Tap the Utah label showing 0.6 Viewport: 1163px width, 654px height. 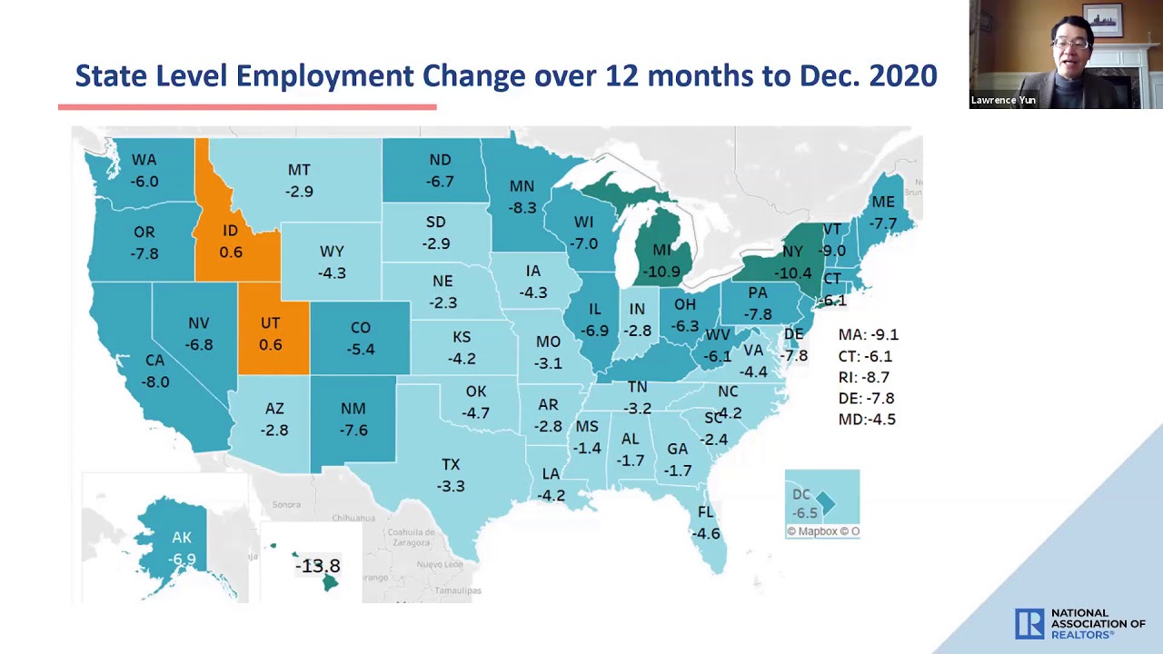[270, 334]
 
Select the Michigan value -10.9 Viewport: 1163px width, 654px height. [661, 272]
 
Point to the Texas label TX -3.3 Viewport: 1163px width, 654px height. [451, 475]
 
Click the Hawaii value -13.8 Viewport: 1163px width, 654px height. [317, 566]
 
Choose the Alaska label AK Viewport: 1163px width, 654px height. [182, 538]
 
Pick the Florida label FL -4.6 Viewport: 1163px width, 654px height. [706, 523]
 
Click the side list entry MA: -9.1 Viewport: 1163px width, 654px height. [868, 335]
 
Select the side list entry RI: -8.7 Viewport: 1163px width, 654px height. [863, 377]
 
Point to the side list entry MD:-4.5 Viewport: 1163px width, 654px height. [867, 420]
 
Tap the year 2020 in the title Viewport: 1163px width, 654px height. [903, 76]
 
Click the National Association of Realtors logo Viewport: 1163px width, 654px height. [1079, 624]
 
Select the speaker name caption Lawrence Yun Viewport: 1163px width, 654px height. [1003, 100]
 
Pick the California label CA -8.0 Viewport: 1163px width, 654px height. [154, 371]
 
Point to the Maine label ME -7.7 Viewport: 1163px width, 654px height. [882, 213]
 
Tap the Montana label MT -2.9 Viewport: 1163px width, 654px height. [299, 181]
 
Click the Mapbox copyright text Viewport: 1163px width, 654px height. [822, 531]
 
